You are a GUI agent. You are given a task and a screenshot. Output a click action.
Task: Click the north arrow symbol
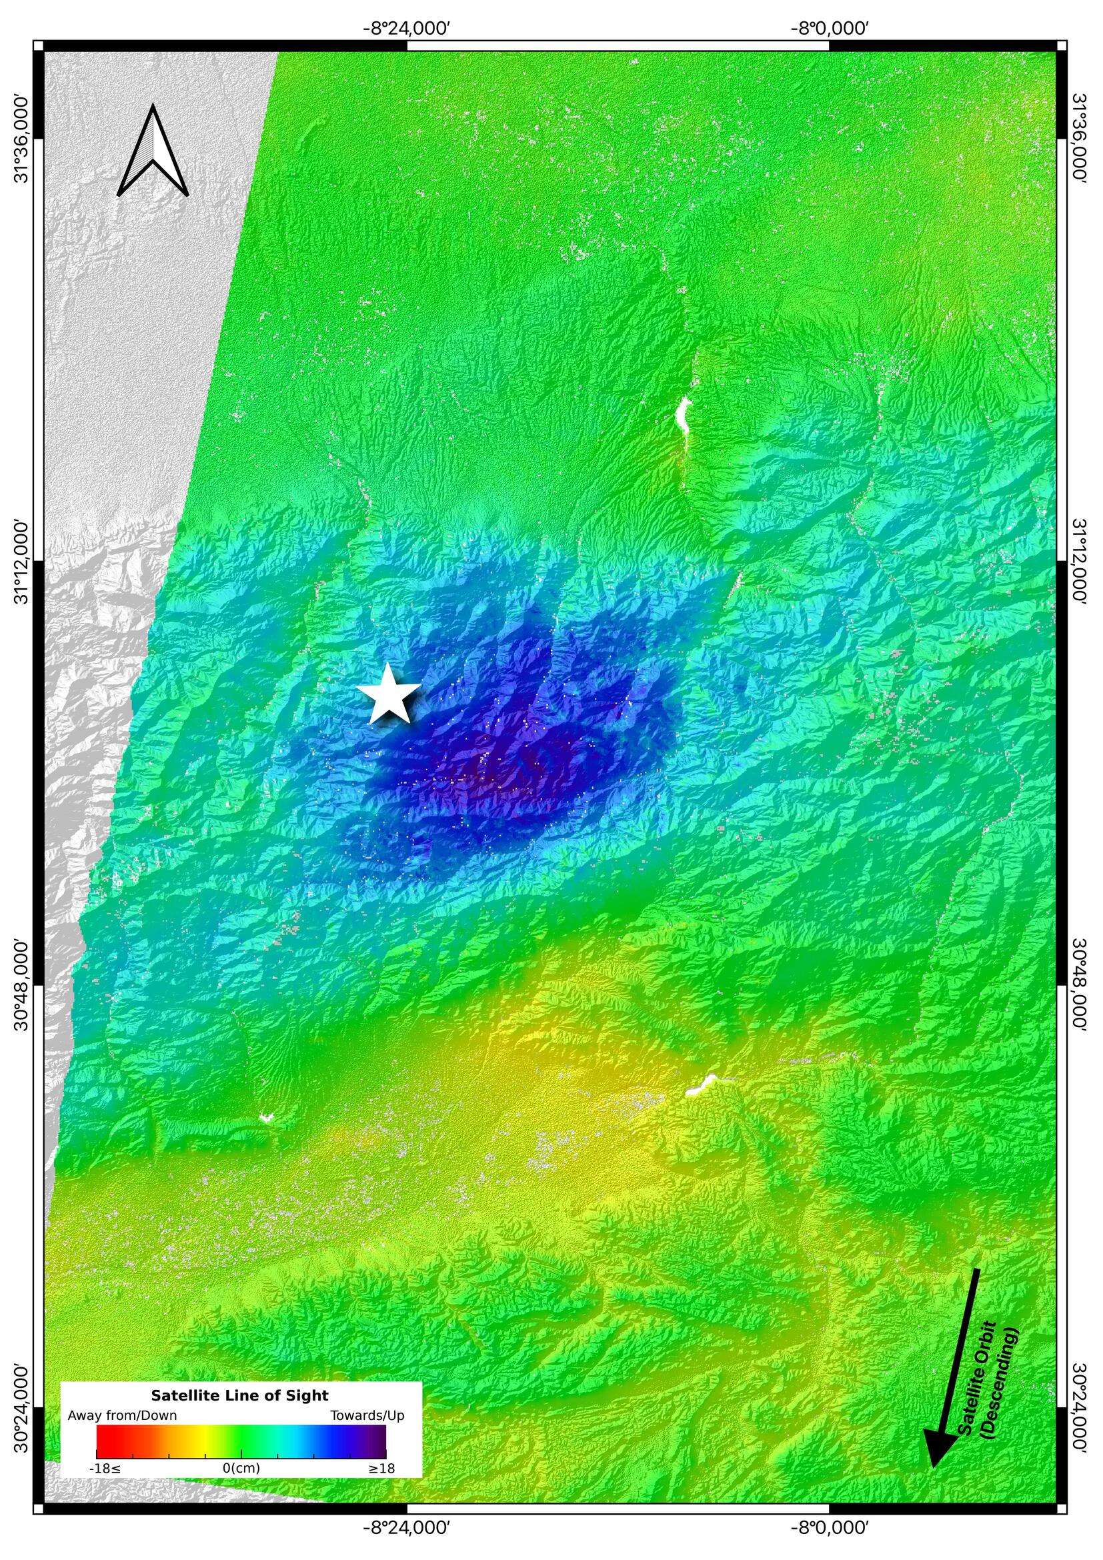[x=153, y=152]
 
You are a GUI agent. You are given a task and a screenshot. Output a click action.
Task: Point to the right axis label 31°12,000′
[x=1080, y=562]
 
